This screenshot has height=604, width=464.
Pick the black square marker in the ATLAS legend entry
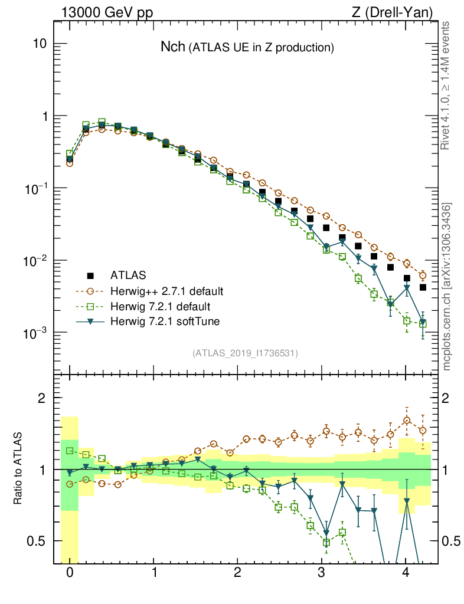(90, 275)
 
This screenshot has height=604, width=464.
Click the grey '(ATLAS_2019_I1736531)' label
(245, 353)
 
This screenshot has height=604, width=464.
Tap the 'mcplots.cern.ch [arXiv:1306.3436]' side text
(447, 286)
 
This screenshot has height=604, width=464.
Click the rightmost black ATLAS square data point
(423, 287)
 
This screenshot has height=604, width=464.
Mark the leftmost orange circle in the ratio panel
(70, 484)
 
